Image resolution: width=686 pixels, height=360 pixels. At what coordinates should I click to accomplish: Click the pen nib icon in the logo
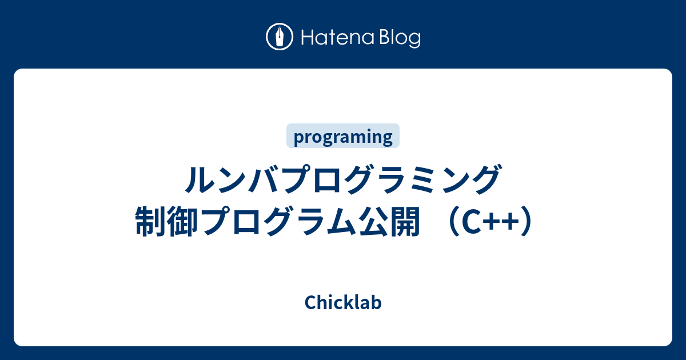280,37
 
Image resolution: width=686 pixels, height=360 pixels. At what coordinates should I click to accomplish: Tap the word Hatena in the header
338,38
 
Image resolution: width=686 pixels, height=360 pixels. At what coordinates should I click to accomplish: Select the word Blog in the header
400,38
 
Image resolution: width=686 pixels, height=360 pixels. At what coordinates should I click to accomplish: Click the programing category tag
343,136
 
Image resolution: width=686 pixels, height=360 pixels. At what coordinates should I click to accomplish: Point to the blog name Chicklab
343,302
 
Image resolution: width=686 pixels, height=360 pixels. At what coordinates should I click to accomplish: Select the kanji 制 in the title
150,221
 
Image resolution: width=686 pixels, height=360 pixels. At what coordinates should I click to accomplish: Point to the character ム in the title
341,222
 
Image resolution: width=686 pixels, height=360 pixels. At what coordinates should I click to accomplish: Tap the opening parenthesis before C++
453,222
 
